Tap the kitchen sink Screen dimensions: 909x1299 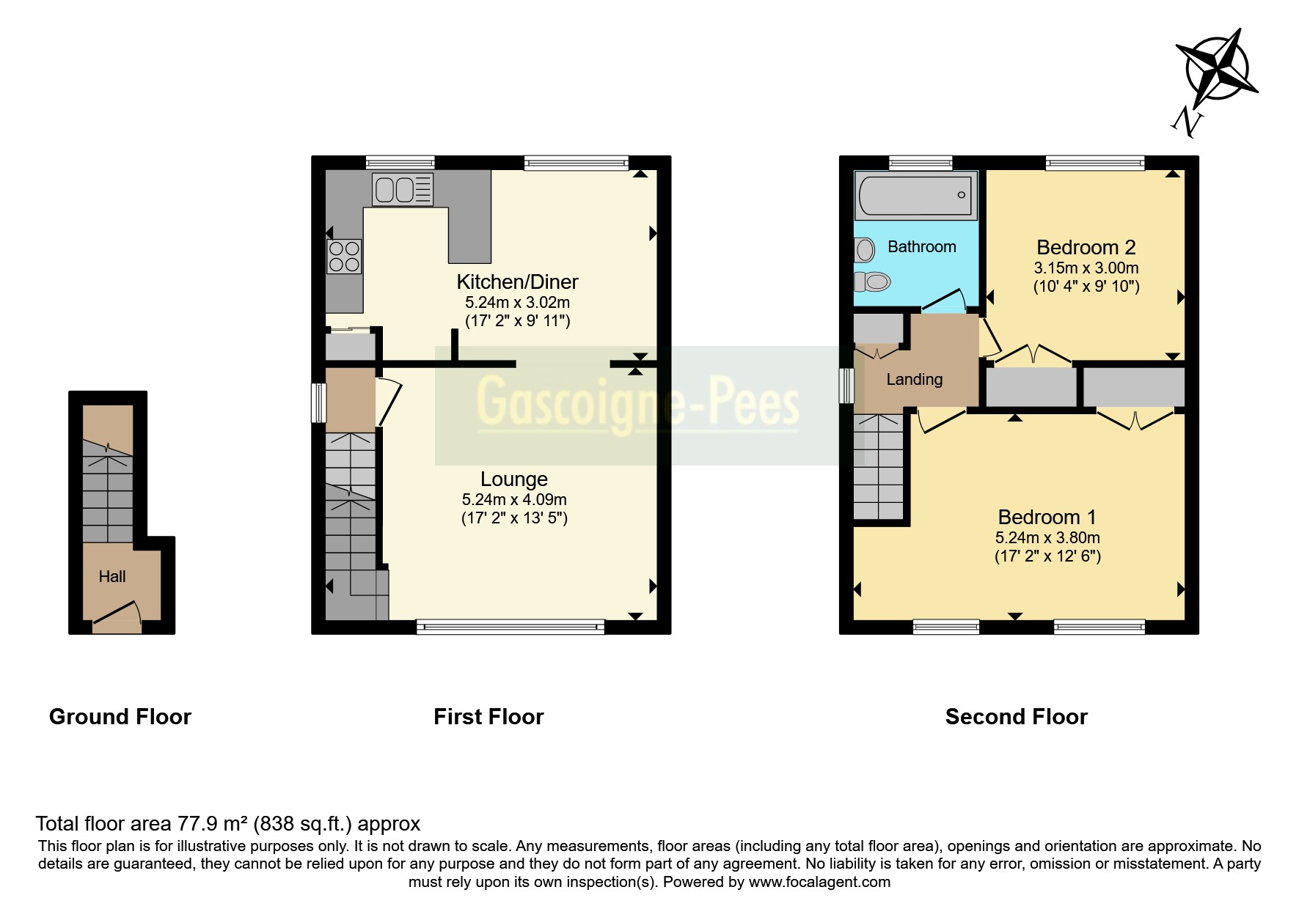tap(403, 189)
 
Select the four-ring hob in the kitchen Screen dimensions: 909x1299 tap(344, 257)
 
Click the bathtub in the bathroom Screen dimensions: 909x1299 tap(915, 195)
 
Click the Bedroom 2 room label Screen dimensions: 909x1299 tap(1086, 247)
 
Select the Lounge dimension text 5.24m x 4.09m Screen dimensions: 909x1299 tap(513, 499)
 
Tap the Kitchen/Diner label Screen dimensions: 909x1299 tap(517, 281)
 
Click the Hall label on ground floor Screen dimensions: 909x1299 tap(112, 577)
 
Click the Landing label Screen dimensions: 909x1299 tap(914, 379)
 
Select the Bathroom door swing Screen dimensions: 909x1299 tap(946, 301)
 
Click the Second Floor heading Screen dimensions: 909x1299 tap(1016, 716)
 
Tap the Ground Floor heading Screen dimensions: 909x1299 tap(120, 716)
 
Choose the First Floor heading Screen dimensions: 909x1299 tap(489, 716)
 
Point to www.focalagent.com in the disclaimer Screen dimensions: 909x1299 tap(819, 882)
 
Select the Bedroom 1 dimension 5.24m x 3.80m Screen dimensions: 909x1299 tap(1047, 537)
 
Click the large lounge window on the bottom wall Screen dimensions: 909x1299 tap(511, 626)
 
